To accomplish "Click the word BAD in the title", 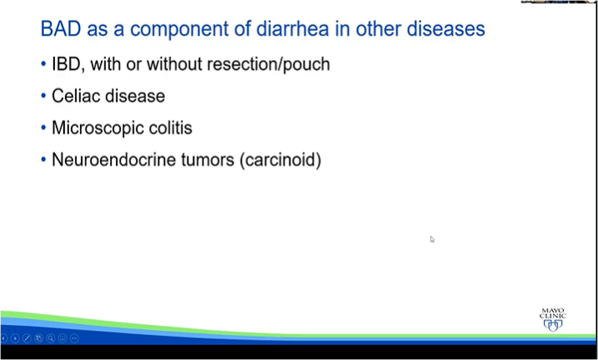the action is click(x=61, y=29).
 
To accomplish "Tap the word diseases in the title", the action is click(x=446, y=29).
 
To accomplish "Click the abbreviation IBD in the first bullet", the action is click(x=66, y=64).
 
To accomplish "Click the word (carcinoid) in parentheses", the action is click(x=281, y=160).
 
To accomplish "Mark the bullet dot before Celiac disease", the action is click(x=44, y=96).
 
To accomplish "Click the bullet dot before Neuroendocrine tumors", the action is click(x=44, y=159).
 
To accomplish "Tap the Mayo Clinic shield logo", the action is click(x=553, y=325).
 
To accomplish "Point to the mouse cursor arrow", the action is click(x=432, y=239).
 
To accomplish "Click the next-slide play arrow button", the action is click(x=15, y=338).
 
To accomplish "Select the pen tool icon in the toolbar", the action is click(x=27, y=338).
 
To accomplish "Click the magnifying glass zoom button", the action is click(x=50, y=338).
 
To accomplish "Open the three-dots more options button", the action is click(x=74, y=338).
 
